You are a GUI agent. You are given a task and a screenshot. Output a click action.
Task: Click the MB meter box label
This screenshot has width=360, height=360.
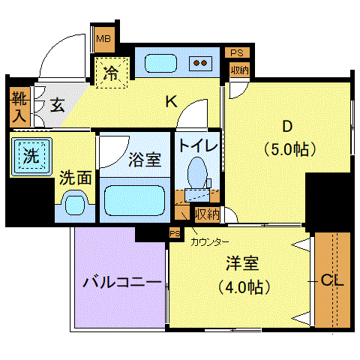(x=103, y=39)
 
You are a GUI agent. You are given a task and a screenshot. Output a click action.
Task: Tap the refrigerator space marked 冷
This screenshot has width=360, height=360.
(x=112, y=73)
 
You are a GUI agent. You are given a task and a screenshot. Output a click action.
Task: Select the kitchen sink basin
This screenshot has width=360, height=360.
(x=160, y=63)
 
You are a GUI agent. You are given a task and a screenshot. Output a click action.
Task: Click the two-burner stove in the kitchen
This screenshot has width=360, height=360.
(x=200, y=63)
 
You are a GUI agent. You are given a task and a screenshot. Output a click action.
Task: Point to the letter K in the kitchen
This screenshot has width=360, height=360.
(x=172, y=102)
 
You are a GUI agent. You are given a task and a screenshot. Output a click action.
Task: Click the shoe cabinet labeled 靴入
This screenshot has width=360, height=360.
(x=19, y=107)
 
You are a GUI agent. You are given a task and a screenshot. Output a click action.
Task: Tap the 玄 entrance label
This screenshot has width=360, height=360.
(x=57, y=105)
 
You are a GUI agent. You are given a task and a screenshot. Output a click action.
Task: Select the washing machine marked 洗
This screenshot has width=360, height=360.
(x=31, y=157)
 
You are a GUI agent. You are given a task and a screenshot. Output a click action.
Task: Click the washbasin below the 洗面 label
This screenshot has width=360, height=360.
(x=75, y=202)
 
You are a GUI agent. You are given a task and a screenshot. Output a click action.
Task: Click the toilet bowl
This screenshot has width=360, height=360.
(x=197, y=172)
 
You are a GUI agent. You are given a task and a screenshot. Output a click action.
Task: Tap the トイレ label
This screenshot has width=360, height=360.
(x=198, y=145)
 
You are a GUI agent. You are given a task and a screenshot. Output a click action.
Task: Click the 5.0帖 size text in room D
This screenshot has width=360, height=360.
(x=290, y=149)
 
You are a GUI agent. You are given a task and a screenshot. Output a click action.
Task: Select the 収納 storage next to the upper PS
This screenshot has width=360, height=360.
(x=239, y=70)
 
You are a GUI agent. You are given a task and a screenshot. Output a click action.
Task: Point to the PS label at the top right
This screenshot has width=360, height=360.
(x=237, y=52)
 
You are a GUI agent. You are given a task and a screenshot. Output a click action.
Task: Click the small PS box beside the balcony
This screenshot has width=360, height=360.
(x=175, y=234)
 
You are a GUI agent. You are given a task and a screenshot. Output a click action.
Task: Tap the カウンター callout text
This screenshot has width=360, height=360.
(x=210, y=242)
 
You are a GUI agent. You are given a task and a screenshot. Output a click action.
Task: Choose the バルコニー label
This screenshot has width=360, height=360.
(x=122, y=283)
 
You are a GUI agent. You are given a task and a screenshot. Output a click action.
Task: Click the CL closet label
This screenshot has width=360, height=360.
(x=332, y=280)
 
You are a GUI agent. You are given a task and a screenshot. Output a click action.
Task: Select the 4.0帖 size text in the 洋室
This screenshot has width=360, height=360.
(x=244, y=287)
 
